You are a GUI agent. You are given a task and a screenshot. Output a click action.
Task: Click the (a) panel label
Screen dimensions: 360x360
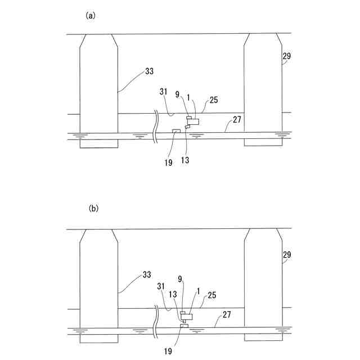coord(91,16)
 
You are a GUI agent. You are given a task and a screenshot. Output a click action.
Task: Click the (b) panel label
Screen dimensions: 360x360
coord(93,208)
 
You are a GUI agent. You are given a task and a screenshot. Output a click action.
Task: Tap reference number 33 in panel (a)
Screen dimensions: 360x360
coord(149,71)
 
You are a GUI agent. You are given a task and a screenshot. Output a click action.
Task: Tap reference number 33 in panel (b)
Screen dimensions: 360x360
coord(146,274)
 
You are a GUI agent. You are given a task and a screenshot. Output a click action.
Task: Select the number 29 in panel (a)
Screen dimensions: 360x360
coord(288,57)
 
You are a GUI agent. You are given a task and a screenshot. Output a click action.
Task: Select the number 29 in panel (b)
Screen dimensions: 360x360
coord(287,255)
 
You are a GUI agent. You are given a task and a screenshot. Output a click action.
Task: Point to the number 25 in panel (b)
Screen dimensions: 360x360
coord(212,294)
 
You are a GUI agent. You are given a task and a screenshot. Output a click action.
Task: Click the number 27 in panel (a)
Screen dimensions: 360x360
coord(237,120)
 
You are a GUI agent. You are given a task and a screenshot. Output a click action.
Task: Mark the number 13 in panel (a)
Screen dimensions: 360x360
coord(185,160)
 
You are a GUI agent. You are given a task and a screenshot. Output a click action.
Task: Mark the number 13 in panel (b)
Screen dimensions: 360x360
coord(173,294)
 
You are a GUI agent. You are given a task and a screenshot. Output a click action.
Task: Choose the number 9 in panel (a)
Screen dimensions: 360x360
coord(178,94)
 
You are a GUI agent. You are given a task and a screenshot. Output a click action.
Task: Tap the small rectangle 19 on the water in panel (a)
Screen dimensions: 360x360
coord(176,132)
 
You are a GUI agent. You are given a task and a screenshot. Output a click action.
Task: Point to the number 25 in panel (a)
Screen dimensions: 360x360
coord(214,100)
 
